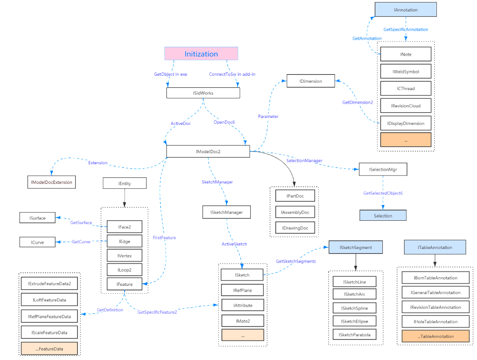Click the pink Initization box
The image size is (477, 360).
tap(201, 54)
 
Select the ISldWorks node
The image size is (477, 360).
tap(203, 93)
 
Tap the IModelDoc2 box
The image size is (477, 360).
tap(208, 151)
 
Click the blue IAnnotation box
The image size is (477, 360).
tap(406, 10)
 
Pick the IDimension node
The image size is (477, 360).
tap(311, 81)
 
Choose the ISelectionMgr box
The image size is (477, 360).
tap(383, 169)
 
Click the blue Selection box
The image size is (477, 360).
tap(383, 215)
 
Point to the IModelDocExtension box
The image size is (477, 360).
tap(52, 182)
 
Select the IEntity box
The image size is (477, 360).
tap(125, 183)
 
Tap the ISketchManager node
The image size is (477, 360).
tap(226, 212)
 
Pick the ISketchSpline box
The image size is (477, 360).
tap(356, 308)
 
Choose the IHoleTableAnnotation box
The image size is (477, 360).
tap(435, 322)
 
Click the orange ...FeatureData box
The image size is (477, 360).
tap(49, 348)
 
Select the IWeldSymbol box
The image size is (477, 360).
tap(406, 71)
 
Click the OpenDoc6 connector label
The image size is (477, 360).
tap(224, 122)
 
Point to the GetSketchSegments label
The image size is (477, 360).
tap(296, 261)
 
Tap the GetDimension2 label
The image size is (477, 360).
tap(358, 102)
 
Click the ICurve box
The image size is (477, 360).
tap(38, 242)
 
